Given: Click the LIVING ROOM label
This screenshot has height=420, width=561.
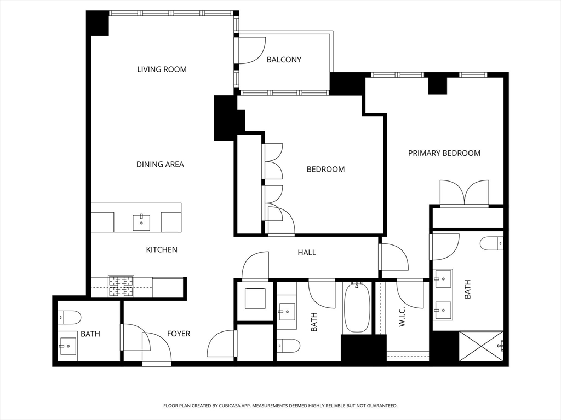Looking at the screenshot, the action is click(162, 69).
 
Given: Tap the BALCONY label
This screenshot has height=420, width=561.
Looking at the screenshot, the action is click(284, 60).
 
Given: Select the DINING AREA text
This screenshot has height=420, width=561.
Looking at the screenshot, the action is click(160, 164).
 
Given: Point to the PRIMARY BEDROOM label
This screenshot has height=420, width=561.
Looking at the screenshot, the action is click(444, 153).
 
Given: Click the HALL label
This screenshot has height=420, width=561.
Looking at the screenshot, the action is click(307, 253).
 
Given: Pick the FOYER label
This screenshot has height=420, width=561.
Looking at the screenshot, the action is click(179, 334).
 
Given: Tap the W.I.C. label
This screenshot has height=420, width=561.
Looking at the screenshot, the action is click(402, 317).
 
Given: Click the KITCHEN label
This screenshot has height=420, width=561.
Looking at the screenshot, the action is click(162, 249).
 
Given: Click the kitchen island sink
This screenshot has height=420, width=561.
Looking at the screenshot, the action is click(142, 223).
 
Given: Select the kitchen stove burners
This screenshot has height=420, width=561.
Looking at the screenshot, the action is click(121, 286).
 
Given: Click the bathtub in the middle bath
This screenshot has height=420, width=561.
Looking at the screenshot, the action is click(356, 307).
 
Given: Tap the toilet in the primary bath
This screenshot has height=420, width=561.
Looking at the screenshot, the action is click(491, 244).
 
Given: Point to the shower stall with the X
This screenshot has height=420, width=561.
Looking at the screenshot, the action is click(481, 346).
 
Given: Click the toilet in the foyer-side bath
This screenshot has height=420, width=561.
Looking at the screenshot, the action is click(70, 317).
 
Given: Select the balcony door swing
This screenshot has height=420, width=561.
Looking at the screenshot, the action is click(252, 50).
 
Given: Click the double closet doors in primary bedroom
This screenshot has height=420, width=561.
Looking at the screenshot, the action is click(464, 193).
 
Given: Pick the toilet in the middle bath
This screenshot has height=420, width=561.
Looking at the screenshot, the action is click(288, 346).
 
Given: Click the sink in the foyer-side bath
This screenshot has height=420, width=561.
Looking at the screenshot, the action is click(67, 346).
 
